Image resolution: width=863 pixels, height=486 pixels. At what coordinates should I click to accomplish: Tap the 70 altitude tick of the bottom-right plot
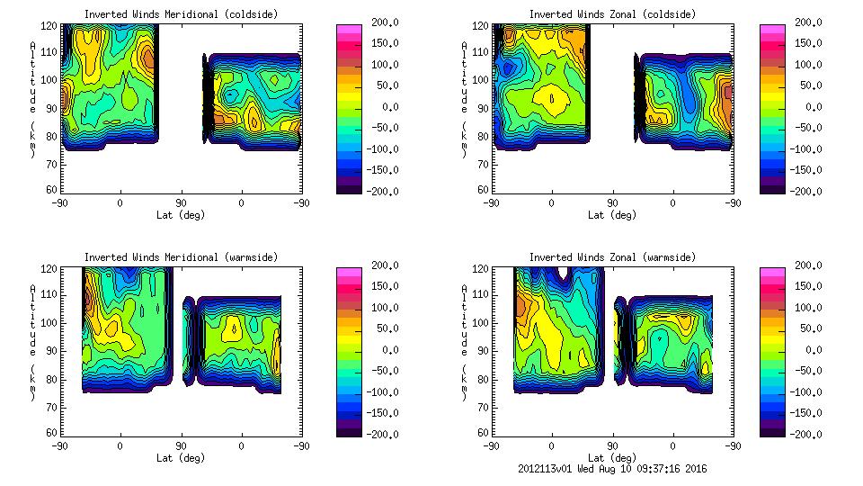click(x=483, y=407)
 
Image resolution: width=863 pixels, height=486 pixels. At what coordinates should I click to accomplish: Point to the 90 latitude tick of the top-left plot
click(x=181, y=202)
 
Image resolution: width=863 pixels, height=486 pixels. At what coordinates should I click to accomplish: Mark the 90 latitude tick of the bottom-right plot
click(x=612, y=445)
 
